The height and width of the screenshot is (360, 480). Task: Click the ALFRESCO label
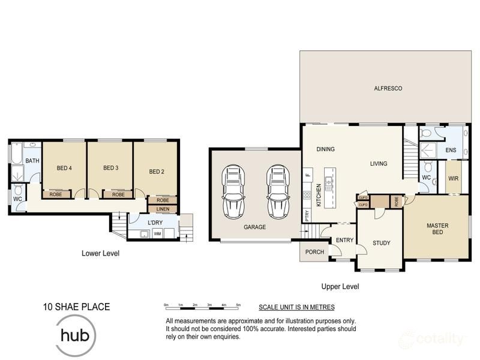(388, 89)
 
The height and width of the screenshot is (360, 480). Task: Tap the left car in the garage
(233, 191)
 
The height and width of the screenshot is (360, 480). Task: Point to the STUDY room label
(381, 243)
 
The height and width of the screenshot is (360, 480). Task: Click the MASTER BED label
(437, 229)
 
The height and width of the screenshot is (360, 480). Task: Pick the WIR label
(453, 178)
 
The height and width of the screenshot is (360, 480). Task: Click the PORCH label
(314, 251)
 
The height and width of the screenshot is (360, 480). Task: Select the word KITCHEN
(319, 196)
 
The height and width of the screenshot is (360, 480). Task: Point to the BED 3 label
(110, 168)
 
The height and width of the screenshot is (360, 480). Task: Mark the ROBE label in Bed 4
(56, 194)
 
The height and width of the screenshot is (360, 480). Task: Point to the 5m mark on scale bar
(238, 305)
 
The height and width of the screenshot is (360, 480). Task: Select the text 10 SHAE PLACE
(76, 307)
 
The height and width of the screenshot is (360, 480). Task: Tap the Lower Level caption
(100, 254)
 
